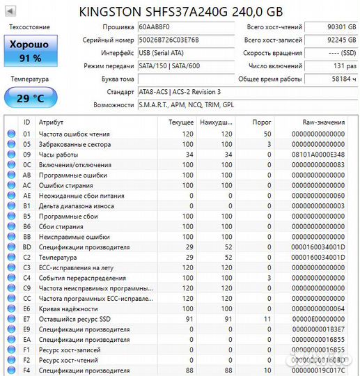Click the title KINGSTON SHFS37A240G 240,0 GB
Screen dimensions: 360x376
tap(180, 12)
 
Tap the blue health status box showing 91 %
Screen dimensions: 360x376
tap(29, 50)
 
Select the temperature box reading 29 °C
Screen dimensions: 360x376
tap(29, 97)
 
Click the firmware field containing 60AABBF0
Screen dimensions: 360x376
tap(184, 26)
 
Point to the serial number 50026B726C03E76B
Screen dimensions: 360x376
tap(184, 40)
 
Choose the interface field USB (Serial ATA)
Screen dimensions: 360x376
tap(184, 53)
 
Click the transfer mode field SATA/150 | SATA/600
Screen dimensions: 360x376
tap(184, 66)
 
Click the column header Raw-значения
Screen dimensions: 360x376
tap(318, 121)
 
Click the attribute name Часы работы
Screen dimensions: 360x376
tap(58, 154)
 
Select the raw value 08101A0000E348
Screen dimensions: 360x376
tap(318, 154)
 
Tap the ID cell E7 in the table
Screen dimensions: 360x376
tap(27, 319)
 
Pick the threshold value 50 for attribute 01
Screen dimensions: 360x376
tap(267, 134)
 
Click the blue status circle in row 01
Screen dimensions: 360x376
tap(10, 134)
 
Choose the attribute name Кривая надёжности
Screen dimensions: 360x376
tap(68, 308)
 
